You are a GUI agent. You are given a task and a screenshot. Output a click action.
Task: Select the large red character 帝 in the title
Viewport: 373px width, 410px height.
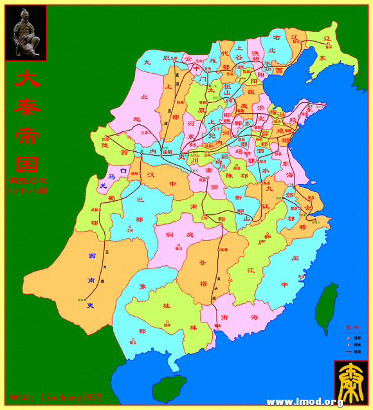[26, 135]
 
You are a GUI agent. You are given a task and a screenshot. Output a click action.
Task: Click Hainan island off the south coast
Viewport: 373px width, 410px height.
[168, 389]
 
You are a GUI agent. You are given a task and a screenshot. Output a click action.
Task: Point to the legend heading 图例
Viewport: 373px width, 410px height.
[351, 328]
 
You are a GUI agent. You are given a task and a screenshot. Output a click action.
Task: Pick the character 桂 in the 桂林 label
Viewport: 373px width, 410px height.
[166, 305]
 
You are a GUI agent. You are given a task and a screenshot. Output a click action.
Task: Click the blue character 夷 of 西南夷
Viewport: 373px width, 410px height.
[91, 305]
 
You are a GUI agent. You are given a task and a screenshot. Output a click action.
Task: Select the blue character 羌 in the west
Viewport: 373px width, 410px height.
[102, 186]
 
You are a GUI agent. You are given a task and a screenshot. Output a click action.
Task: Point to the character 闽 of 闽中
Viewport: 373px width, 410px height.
[295, 258]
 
